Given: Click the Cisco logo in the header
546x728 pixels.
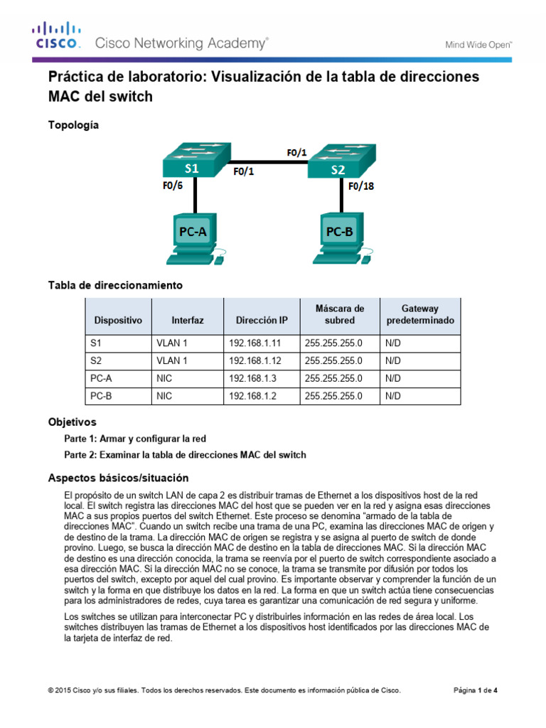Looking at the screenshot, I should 57,36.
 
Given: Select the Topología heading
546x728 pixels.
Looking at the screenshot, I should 73,125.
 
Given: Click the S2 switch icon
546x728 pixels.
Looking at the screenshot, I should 339,163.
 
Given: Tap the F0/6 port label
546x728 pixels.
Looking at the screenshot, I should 173,188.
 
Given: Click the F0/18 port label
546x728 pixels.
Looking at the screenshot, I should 361,188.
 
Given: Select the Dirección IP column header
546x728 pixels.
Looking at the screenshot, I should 262,321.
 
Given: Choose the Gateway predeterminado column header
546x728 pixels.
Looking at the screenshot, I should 419,314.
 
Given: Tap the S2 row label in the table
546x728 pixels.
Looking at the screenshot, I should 97,360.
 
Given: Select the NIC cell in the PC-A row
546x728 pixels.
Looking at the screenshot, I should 164,378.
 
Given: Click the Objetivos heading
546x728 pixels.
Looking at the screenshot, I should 72,422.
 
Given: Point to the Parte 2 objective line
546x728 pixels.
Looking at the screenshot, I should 185,455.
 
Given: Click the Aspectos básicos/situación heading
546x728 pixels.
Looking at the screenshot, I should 118,477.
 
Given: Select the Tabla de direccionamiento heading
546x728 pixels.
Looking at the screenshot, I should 115,285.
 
